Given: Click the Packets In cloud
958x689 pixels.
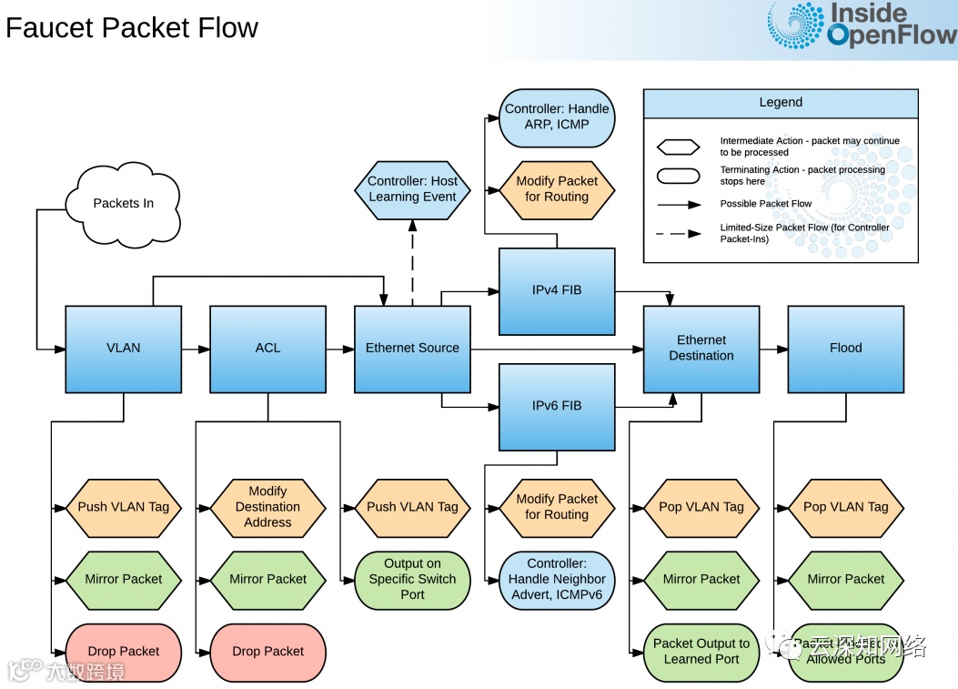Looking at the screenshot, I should [123, 204].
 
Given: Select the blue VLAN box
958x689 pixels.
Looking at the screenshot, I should [123, 349].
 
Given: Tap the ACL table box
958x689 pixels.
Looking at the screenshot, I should [267, 349].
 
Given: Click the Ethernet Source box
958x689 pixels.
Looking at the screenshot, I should [412, 349].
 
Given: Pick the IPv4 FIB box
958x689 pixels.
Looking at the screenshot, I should [557, 291].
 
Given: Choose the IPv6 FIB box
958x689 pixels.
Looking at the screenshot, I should [557, 406].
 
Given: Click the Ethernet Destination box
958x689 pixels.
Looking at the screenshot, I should [701, 349].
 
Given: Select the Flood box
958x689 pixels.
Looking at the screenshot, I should [845, 349].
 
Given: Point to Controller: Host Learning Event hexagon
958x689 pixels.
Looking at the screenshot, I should [412, 189].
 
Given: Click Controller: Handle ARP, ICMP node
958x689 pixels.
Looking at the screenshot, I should [557, 117].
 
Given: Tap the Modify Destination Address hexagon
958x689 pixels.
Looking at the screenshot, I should [267, 507].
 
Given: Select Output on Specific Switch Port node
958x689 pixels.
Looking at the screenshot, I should [412, 580].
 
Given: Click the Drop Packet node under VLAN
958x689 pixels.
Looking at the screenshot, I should [123, 652].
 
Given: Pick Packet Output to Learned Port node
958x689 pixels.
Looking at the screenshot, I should [701, 652].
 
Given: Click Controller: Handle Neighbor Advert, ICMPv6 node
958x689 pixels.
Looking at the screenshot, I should [557, 580].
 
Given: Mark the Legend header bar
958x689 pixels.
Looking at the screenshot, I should [781, 103].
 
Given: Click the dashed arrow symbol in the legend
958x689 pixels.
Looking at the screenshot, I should [678, 234].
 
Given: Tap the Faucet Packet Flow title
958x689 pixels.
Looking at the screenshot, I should [132, 28].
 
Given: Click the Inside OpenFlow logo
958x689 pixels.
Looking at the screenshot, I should [861, 25].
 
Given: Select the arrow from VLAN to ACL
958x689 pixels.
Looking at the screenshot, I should [195, 349].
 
